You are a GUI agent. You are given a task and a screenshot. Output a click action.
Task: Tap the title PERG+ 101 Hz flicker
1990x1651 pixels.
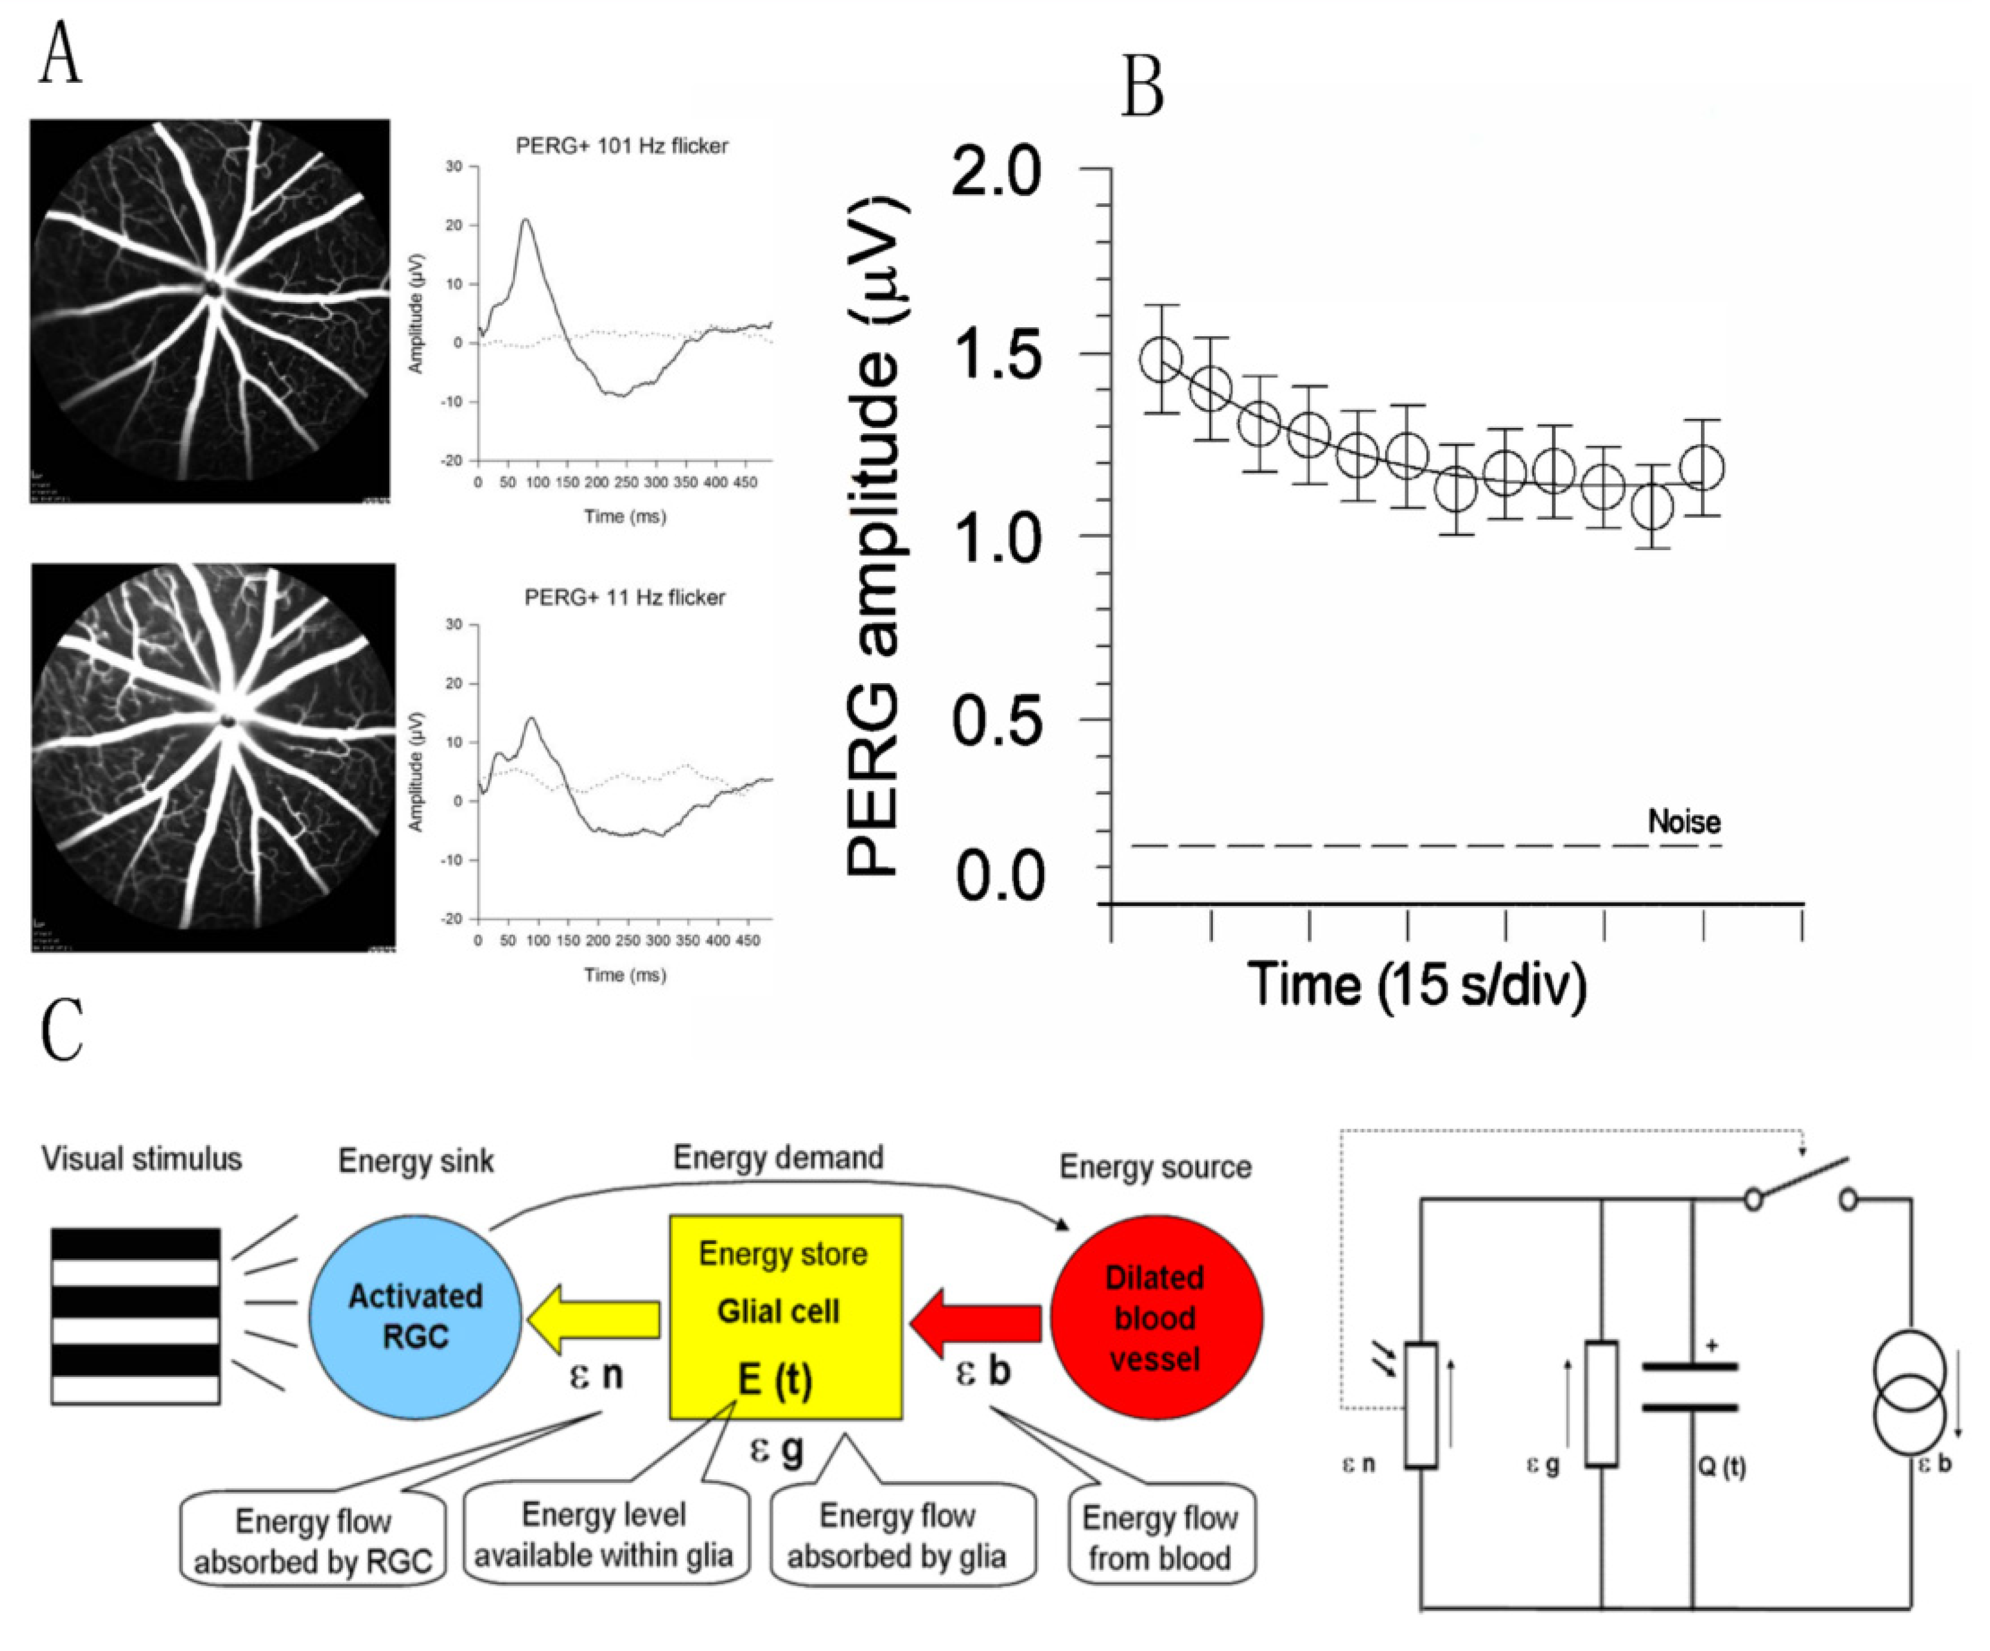tap(622, 146)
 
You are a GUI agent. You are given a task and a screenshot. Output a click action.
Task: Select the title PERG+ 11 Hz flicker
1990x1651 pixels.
tap(625, 597)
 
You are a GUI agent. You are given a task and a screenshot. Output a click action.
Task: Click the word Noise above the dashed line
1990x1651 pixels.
tap(1684, 821)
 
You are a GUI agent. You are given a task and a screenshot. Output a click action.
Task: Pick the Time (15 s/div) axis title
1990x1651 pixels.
tap(1417, 985)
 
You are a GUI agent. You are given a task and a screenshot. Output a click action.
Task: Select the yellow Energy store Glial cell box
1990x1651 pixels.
tap(786, 1317)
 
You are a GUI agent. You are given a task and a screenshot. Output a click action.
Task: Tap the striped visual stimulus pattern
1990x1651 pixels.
tap(135, 1315)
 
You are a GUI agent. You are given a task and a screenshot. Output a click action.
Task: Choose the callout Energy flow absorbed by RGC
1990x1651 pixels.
tap(313, 1541)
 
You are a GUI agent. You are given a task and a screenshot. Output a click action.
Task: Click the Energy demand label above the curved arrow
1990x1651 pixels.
tap(778, 1157)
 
